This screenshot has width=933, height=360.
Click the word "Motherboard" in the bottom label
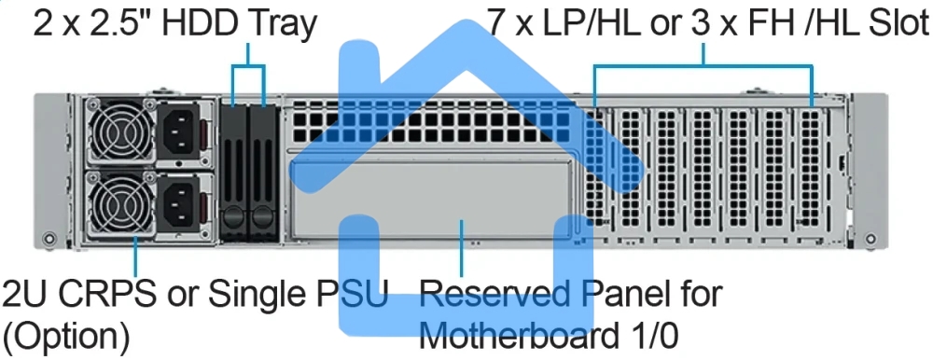coord(533,333)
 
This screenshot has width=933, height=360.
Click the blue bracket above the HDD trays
coord(248,67)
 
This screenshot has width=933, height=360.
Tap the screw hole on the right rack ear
coord(870,236)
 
